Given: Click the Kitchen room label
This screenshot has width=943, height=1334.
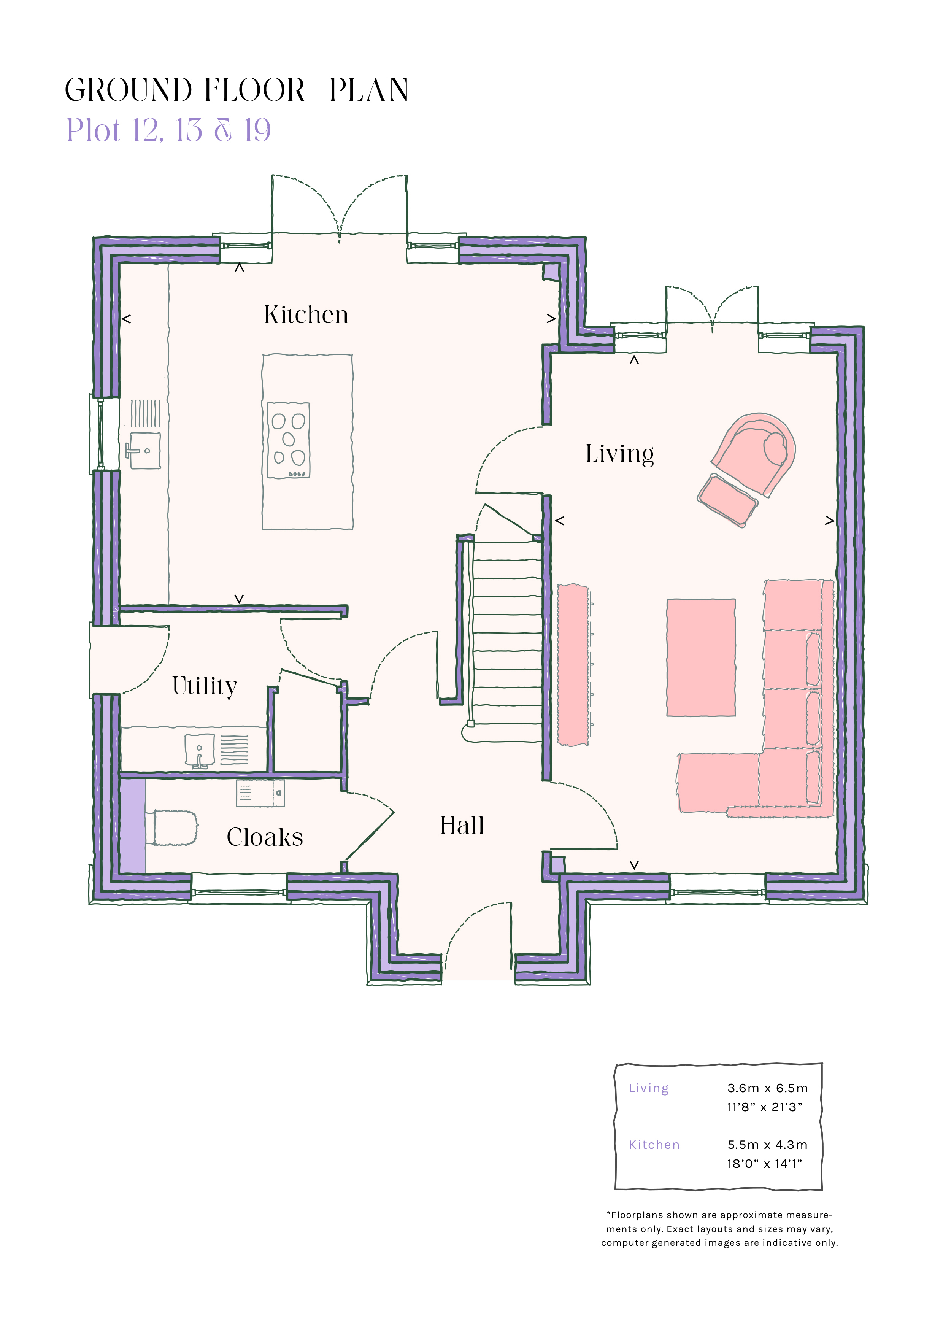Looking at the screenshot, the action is pos(306,314).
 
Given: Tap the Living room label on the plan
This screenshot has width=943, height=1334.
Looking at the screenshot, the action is pos(619,454).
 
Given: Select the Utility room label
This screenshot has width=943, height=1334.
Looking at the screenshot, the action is pos(205,686).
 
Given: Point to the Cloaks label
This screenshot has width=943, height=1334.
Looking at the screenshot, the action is pos(265,837).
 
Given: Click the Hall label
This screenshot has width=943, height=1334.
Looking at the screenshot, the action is pos(462,825).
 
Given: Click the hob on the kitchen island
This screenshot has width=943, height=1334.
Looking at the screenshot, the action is pos(288,440).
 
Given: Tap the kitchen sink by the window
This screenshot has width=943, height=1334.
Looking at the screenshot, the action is pos(143,450).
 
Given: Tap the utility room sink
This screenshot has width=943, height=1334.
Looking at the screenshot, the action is pos(199,751).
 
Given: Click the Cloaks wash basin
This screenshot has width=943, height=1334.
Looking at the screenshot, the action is pos(260,793).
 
